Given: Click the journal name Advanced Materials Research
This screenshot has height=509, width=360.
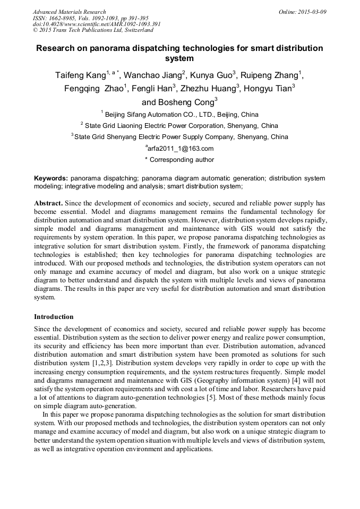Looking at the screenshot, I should (69, 12).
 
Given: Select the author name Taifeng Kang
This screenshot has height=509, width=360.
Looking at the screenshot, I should (80, 75).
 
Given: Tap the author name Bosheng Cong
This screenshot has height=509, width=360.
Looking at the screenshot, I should (178, 102).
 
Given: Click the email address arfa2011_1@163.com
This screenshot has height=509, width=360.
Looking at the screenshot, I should (180, 149).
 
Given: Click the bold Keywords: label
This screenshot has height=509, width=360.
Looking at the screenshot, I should (51, 178).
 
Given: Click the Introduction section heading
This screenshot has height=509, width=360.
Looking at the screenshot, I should (54, 317).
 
